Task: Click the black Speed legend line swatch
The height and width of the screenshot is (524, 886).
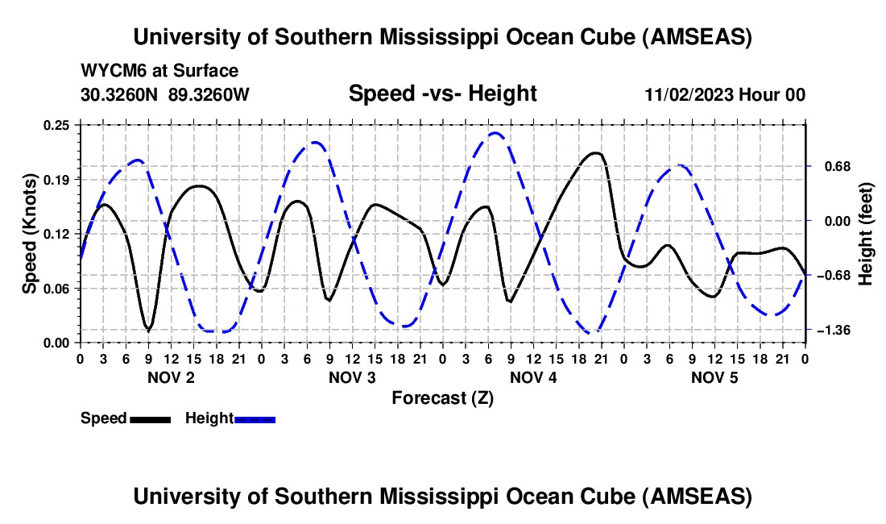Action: pos(149,419)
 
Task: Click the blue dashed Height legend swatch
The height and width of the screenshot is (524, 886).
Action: pos(255,419)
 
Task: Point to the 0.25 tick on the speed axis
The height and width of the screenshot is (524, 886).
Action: pos(57,124)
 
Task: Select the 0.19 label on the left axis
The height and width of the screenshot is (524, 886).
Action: pos(57,179)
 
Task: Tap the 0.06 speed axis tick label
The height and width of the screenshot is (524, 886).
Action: pos(57,289)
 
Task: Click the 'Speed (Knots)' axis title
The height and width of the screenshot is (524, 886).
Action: pos(29,234)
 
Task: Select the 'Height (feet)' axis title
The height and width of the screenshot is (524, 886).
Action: pos(866,234)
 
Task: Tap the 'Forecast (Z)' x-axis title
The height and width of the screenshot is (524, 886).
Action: pos(442,397)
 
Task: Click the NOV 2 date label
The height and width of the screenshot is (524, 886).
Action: pos(170,378)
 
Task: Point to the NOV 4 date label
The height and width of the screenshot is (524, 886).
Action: pos(533,378)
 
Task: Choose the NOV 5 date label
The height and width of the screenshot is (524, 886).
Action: pos(714,378)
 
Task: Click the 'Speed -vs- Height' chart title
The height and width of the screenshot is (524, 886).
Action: pos(442,94)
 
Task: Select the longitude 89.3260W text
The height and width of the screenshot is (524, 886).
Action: pos(209,94)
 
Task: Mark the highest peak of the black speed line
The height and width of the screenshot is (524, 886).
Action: pos(596,152)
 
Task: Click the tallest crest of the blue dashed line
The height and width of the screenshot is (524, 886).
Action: pos(495,133)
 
